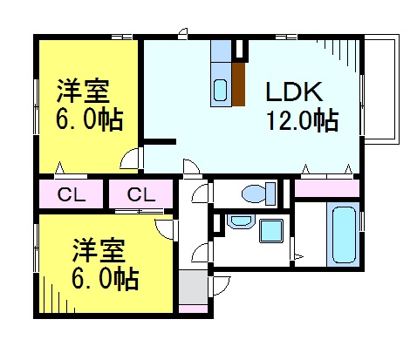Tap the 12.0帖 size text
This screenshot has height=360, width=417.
pyautogui.click(x=301, y=120)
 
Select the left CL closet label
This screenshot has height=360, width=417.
pyautogui.click(x=70, y=194)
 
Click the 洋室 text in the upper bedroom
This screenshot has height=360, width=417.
pyautogui.click(x=82, y=91)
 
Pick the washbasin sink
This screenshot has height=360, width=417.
pyautogui.click(x=238, y=221)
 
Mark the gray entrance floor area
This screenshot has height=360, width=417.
pyautogui.click(x=193, y=285)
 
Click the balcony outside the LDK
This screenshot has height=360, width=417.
pyautogui.click(x=380, y=87)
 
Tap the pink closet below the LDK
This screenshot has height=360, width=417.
pyautogui.click(x=326, y=187)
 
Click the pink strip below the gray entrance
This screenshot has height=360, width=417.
pyautogui.click(x=193, y=308)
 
